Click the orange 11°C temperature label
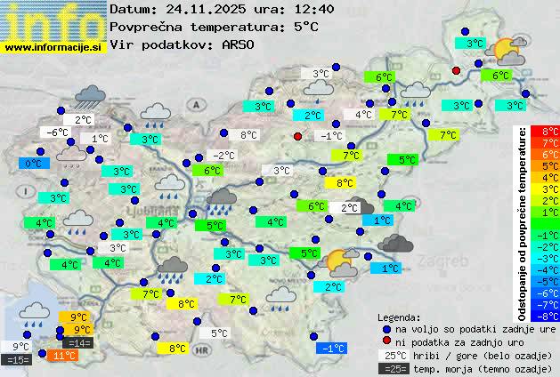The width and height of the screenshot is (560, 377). coord(64,356)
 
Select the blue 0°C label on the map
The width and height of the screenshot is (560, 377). coord(34,164)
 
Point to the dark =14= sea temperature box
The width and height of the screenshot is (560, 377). coord(77,342)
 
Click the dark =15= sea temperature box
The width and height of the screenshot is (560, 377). coord(18,359)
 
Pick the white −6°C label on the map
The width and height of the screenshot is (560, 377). coord(57,132)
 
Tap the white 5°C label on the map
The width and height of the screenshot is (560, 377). coord(219,334)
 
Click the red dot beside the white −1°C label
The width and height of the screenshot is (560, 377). coord(297,136)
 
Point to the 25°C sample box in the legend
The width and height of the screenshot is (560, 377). coord(391,355)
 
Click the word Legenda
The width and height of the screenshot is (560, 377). coord(400,317)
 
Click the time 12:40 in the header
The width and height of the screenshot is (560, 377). coord(290,9)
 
